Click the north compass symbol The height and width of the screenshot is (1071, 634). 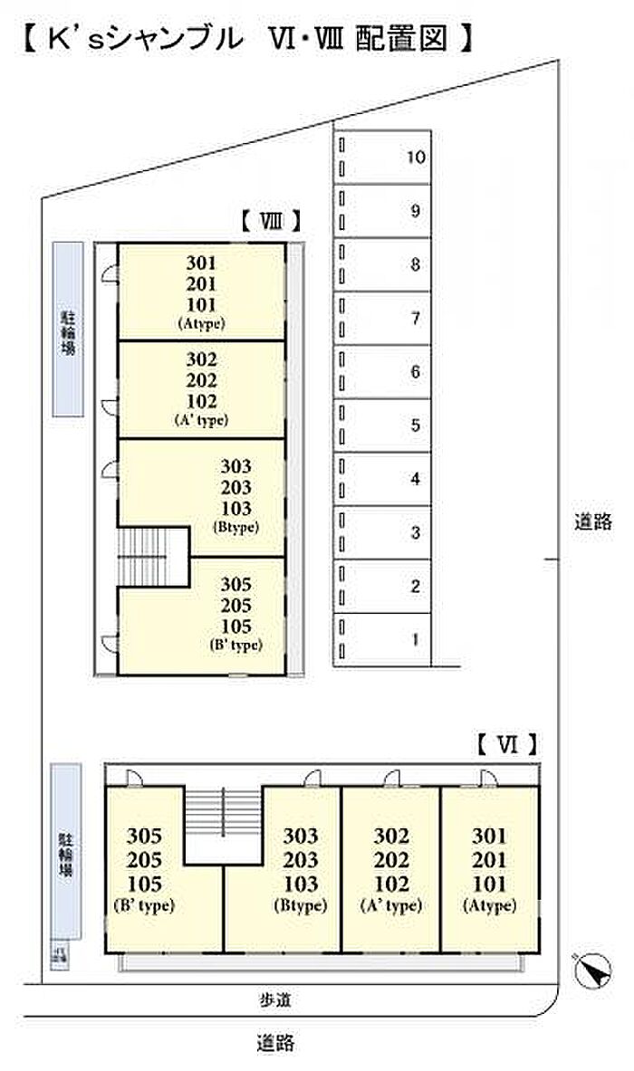coord(592,971)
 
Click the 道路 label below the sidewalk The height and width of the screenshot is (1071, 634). coord(274,1043)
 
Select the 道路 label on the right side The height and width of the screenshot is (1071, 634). coord(593,521)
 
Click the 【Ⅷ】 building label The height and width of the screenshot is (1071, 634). coord(270,220)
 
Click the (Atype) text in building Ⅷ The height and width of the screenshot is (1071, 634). coord(201,323)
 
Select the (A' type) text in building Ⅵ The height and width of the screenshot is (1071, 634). coord(390,905)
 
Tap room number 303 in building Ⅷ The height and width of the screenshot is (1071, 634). coord(235,467)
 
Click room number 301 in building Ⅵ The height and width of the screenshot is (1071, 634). coord(489,836)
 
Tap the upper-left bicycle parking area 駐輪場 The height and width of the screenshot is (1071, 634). coord(67,330)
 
